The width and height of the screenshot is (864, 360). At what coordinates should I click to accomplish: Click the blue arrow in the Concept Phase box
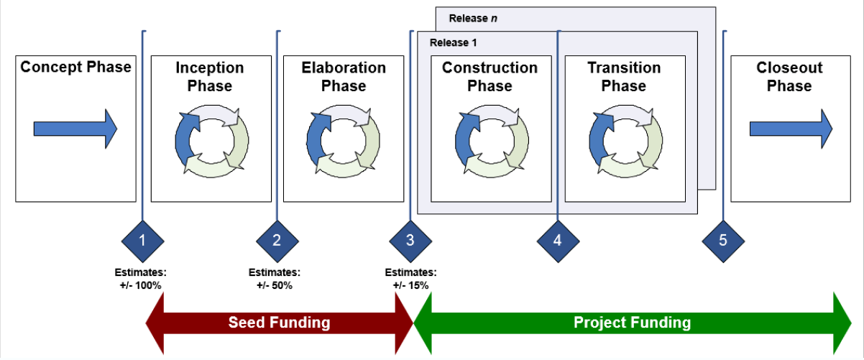pyautogui.click(x=75, y=129)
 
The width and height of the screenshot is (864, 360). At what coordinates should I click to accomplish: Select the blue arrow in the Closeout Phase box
pyautogui.click(x=791, y=129)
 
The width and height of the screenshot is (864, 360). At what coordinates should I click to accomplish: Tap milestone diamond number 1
pyautogui.click(x=142, y=241)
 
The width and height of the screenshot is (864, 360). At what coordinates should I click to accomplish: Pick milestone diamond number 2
pyautogui.click(x=277, y=241)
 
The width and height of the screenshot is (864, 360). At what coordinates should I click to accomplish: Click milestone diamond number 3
pyautogui.click(x=410, y=241)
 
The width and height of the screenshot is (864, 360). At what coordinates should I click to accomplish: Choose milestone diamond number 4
pyautogui.click(x=558, y=241)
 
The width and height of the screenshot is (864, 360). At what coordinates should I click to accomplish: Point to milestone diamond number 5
pyautogui.click(x=722, y=241)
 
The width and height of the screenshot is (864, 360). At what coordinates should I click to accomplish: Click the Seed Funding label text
pyautogui.click(x=279, y=323)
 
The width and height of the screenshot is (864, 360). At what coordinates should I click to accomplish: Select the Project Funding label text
pyautogui.click(x=632, y=323)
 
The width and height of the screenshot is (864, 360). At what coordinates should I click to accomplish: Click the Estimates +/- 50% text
pyautogui.click(x=275, y=279)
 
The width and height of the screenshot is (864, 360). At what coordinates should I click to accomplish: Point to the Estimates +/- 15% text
pyautogui.click(x=410, y=279)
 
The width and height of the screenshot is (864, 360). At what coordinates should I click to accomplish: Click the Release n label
pyautogui.click(x=473, y=18)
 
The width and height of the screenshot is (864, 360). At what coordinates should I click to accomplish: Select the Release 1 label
pyautogui.click(x=453, y=42)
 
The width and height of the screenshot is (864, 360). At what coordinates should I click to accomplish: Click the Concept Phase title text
pyautogui.click(x=75, y=68)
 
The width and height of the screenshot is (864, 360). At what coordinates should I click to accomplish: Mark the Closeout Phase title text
pyautogui.click(x=789, y=77)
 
